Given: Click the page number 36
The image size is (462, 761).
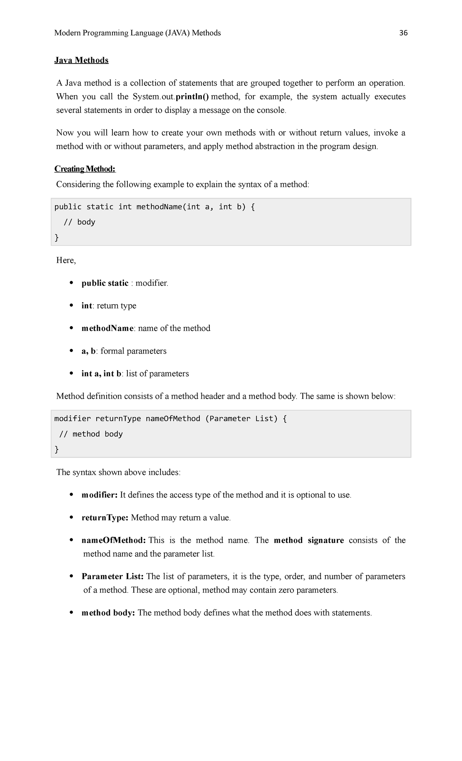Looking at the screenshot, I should pos(403,33).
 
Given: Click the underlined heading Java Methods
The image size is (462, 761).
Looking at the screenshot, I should pos(81,60).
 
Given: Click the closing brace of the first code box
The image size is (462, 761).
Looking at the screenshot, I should pos(57,237).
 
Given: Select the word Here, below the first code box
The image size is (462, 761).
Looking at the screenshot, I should pos(66,260).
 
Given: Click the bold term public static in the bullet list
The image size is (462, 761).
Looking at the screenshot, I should pos(105,283).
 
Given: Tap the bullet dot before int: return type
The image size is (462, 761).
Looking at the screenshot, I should pos(71,305).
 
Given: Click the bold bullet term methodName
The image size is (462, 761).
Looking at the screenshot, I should pos(107,328).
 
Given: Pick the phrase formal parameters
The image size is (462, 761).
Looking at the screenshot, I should pos(134,351).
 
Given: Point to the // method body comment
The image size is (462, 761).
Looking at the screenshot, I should pos(91,434).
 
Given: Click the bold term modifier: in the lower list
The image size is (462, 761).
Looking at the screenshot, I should pos(99,495).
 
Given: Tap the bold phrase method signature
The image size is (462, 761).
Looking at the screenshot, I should pos(309,540).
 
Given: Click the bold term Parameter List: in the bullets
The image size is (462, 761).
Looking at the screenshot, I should pos(112,577).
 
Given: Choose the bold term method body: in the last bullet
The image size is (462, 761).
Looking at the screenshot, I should pos(108,613).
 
